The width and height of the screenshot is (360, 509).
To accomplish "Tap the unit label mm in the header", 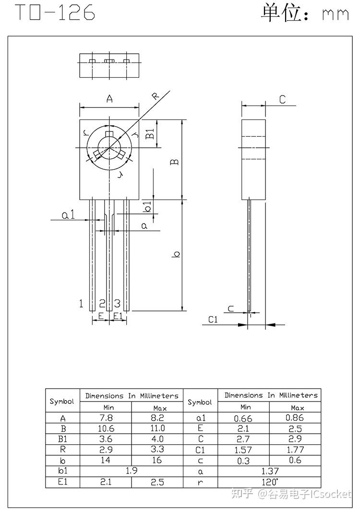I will [x=335, y=14].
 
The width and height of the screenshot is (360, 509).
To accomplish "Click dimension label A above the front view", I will [x=109, y=99].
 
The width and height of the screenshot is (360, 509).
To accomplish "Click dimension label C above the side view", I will [x=282, y=99].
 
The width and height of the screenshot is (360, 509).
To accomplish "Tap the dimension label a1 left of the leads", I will [x=68, y=214].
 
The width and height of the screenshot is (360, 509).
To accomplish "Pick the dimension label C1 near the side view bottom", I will [x=213, y=320].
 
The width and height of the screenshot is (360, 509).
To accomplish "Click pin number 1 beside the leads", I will [x=82, y=303].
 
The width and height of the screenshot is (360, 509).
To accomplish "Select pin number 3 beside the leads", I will [x=117, y=303].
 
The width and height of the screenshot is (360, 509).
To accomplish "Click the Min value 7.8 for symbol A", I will [x=106, y=417].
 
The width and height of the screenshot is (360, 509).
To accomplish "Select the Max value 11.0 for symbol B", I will [x=157, y=428].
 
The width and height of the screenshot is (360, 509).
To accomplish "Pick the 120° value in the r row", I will [x=269, y=481].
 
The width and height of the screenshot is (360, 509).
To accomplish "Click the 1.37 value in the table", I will [x=269, y=471].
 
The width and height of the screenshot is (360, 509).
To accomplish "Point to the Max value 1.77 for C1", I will [x=295, y=450].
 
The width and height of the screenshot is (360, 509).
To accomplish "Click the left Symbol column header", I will [x=62, y=401].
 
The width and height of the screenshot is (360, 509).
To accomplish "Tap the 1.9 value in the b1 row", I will [x=132, y=471].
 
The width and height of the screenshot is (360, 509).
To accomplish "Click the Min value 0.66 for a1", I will [x=243, y=417].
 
